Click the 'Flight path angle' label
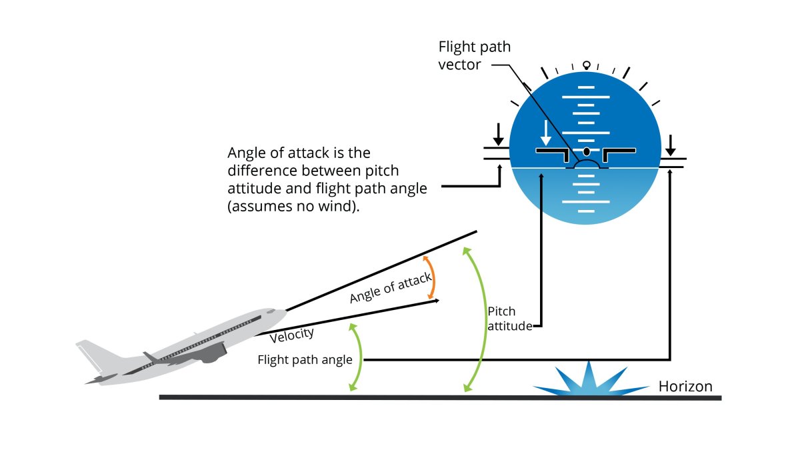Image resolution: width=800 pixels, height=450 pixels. pos(305,360)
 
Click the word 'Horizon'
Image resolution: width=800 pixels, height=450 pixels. pos(685,387)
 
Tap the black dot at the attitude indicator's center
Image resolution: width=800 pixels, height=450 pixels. pos(587,152)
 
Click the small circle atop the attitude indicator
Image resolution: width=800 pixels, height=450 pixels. pos(587,65)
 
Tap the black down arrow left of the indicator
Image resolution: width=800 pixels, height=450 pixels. pos(497,134)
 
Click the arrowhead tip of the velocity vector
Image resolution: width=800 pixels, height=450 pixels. pos(438,301)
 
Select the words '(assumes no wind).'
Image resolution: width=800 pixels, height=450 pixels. pos(293,207)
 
